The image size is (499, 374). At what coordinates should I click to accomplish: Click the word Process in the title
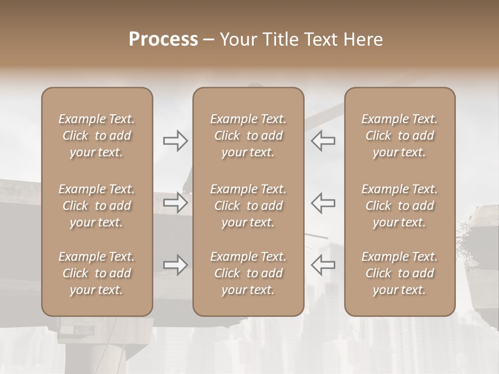(x=163, y=39)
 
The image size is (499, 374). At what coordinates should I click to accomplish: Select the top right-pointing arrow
(x=175, y=141)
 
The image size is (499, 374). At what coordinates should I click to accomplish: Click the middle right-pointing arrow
(x=175, y=203)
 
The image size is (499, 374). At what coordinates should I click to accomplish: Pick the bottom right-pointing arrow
(x=175, y=265)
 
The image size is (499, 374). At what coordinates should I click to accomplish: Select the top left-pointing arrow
(x=323, y=141)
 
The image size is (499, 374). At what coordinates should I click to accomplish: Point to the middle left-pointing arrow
(x=323, y=203)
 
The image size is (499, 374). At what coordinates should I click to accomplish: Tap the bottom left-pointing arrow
(x=323, y=265)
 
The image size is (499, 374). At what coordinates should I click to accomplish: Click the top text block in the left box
(x=97, y=136)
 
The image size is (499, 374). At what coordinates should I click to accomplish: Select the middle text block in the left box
(x=97, y=206)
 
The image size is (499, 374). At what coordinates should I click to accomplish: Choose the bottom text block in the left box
(x=97, y=273)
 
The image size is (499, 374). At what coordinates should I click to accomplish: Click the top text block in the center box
(x=248, y=136)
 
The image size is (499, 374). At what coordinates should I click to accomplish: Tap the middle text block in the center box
(x=248, y=206)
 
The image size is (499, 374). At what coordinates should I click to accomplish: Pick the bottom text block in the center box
(x=248, y=273)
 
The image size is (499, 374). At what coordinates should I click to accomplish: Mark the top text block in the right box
(x=400, y=136)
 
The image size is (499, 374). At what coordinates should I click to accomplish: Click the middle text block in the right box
(x=400, y=206)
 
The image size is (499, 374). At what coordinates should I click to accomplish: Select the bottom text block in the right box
(x=400, y=273)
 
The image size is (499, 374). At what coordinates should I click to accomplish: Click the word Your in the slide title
(x=238, y=39)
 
